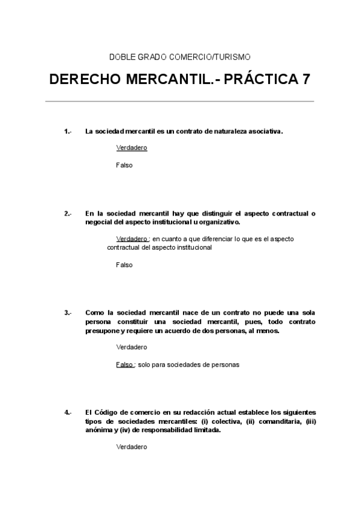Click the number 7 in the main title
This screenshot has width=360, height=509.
(x=306, y=80)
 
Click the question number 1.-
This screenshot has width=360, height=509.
(x=67, y=131)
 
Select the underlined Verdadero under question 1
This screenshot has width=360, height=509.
(x=131, y=148)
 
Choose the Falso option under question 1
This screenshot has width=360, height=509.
(x=124, y=165)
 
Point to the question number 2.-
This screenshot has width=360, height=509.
(x=67, y=213)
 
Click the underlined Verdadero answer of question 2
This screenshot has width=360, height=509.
(x=132, y=238)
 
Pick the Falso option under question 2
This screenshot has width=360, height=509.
(x=124, y=265)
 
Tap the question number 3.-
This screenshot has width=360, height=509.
(x=67, y=313)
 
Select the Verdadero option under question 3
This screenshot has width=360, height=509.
(x=131, y=347)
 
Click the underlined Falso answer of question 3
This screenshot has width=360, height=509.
(x=124, y=364)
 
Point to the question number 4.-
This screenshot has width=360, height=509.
(x=67, y=412)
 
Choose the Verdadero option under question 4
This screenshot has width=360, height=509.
(x=131, y=447)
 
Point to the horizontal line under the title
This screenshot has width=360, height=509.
(x=180, y=101)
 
